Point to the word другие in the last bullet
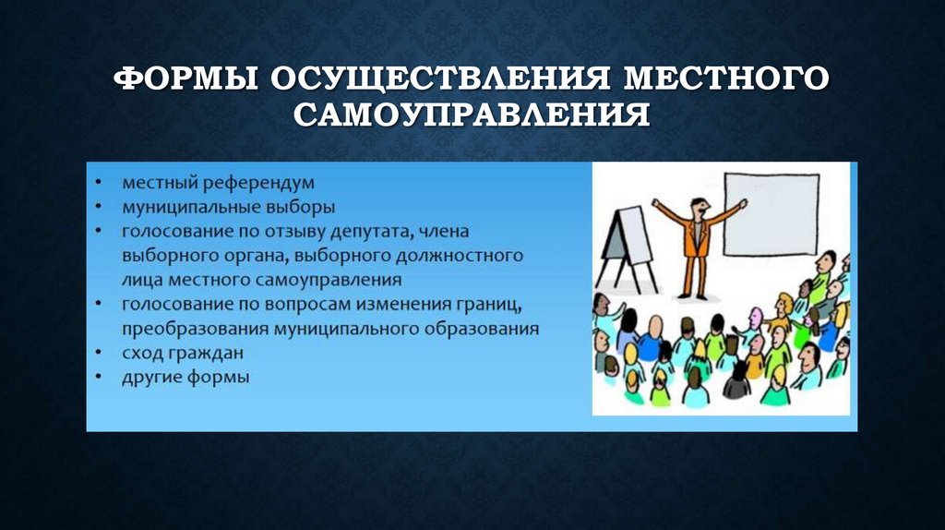[x=149, y=377]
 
